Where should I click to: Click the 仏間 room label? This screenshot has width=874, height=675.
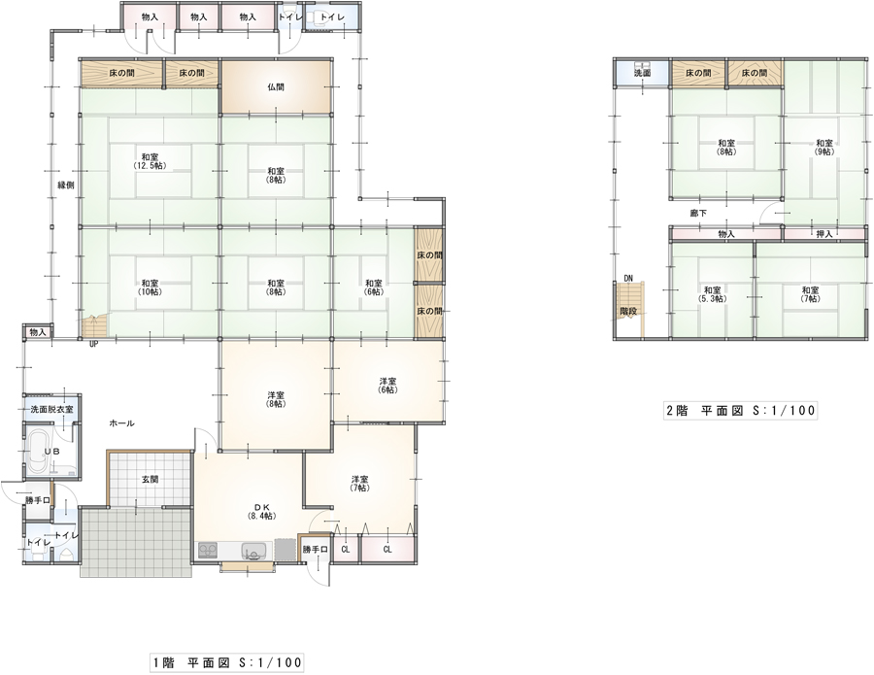(276, 87)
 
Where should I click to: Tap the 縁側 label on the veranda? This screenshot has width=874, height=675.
(66, 186)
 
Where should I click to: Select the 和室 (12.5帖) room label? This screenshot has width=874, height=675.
(150, 161)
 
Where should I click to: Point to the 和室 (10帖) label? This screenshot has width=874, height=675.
(150, 287)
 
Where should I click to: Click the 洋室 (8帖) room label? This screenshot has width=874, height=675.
(276, 399)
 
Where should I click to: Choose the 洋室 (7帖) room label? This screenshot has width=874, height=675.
(360, 484)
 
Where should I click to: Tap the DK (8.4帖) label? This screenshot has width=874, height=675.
(262, 511)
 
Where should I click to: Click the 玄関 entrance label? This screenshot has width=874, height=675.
(150, 479)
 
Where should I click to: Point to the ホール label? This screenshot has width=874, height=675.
(121, 423)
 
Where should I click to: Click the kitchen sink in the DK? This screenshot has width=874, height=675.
(254, 551)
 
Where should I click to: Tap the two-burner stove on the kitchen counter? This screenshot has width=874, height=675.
(208, 550)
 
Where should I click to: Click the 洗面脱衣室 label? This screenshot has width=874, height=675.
(51, 409)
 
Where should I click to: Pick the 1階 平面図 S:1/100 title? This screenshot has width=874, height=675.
(227, 662)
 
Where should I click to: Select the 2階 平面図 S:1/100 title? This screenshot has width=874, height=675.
(741, 411)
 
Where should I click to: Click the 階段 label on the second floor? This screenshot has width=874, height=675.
(628, 312)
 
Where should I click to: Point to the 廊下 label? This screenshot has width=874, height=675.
(698, 213)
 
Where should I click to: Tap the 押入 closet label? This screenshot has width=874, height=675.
(824, 234)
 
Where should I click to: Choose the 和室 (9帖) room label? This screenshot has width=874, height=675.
(824, 148)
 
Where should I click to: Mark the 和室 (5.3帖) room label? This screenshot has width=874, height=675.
(713, 294)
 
